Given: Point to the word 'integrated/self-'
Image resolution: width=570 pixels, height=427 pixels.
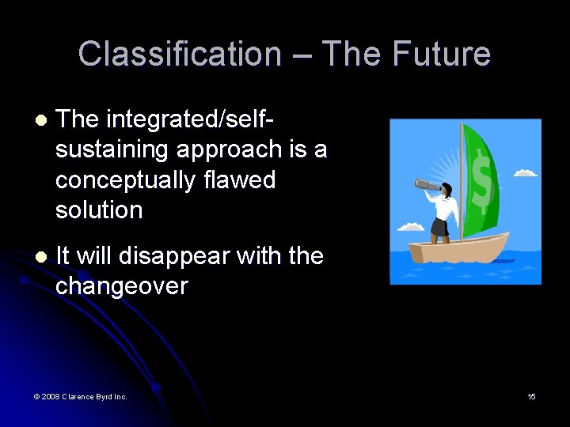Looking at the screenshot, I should point(189,119).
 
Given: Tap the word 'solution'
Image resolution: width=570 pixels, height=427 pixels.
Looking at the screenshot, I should point(99,210).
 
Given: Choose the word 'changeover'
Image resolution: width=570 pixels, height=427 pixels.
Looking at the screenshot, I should point(121,285).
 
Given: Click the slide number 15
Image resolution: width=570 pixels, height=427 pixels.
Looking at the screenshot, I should point(531,396).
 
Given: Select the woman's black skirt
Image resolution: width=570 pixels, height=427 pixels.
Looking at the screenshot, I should point(441,228).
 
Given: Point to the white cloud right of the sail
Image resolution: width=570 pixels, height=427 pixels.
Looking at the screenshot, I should point(526,172).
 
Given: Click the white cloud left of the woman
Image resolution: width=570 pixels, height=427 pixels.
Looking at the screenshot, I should point(410,227).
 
